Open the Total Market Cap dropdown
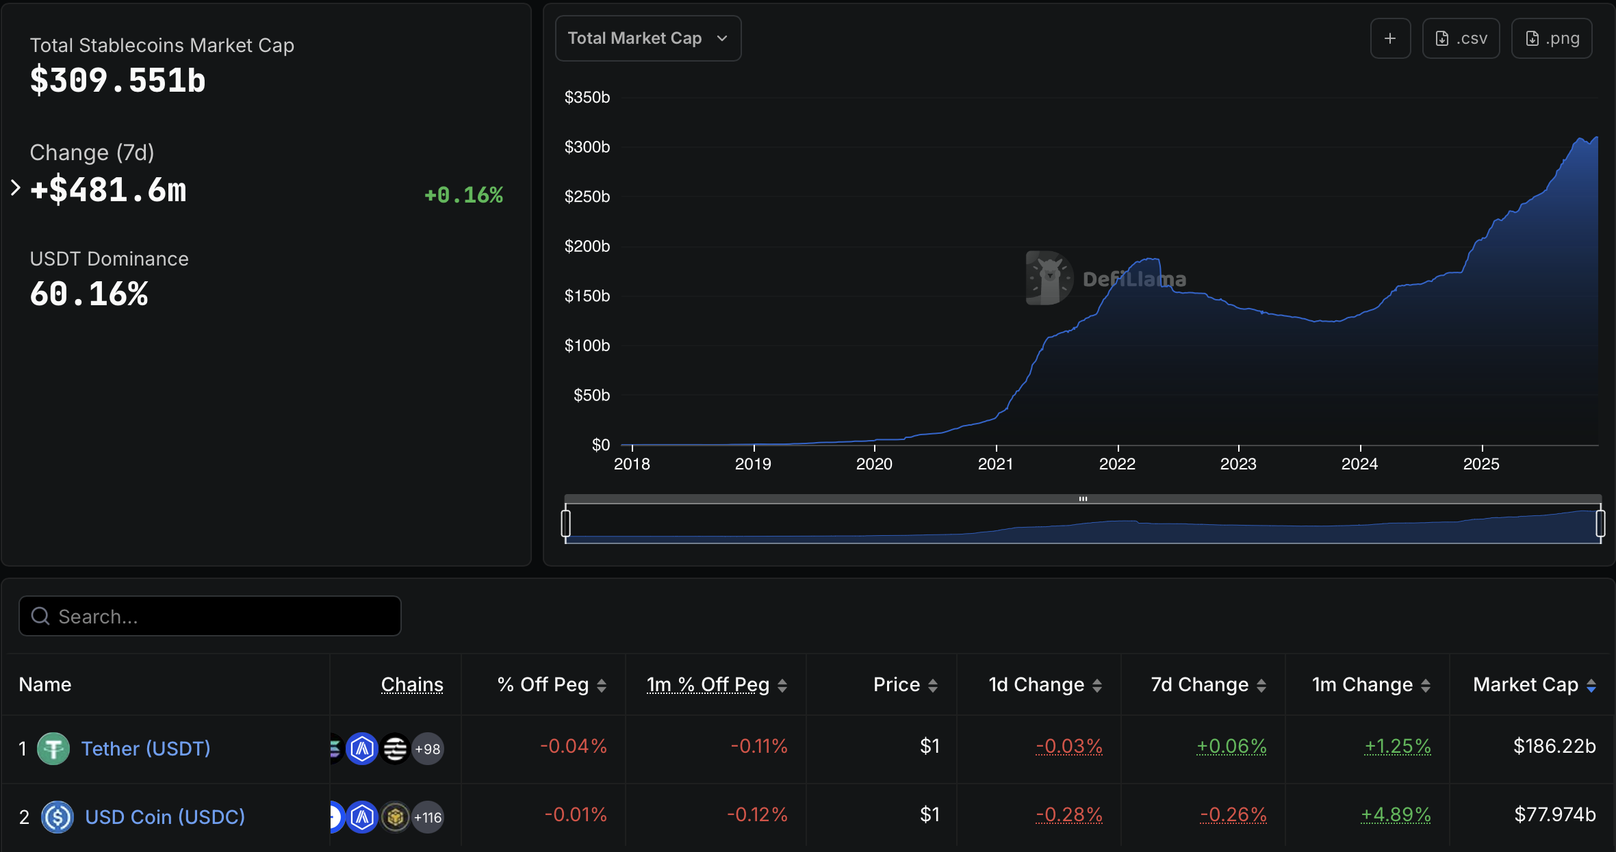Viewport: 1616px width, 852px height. tap(647, 38)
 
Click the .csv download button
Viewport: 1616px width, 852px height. tap(1461, 38)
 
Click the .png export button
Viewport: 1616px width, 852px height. tap(1551, 38)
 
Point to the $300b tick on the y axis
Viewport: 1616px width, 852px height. tap(587, 147)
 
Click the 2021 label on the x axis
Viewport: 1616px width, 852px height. tap(995, 464)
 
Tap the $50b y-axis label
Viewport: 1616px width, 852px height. tap(591, 396)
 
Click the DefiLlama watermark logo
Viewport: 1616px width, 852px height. tap(1049, 278)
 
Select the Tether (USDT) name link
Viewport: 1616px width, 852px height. tap(146, 749)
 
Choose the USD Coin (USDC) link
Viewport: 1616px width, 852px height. tap(165, 817)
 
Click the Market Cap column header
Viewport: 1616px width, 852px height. tap(1526, 684)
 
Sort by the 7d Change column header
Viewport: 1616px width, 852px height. tap(1200, 684)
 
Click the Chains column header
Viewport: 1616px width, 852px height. tap(412, 684)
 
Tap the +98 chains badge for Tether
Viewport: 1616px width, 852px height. tap(428, 749)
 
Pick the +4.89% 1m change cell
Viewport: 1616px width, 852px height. tap(1396, 814)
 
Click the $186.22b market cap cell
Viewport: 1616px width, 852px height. tap(1554, 746)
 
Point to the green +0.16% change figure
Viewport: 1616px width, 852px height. tap(463, 195)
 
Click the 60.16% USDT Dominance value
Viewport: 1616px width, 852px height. tap(89, 294)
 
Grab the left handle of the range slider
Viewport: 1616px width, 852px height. tap(565, 524)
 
